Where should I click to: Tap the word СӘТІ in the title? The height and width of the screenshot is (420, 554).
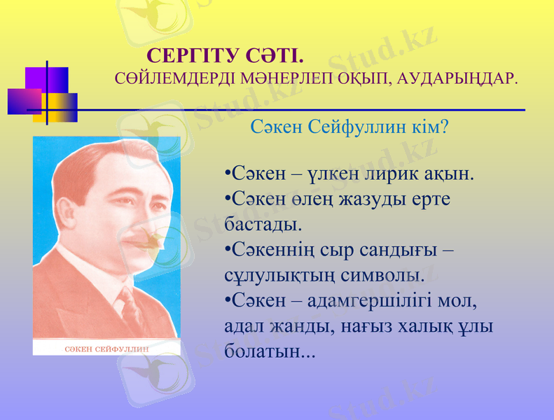pos(274,55)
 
